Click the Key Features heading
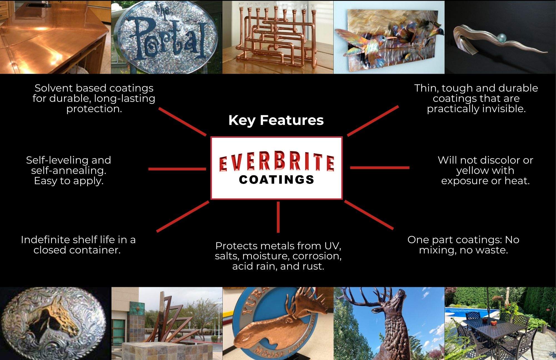[x=276, y=120]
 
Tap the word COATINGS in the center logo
[x=277, y=180]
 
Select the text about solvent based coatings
[x=94, y=98]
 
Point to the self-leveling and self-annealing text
[x=69, y=170]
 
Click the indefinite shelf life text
[x=78, y=245]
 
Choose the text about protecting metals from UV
[x=278, y=256]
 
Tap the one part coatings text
[x=463, y=245]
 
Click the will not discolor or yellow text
[x=485, y=170]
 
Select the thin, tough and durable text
[x=476, y=98]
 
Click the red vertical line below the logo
[x=278, y=217]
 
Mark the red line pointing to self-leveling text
[x=177, y=169]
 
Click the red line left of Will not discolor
[x=380, y=168]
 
